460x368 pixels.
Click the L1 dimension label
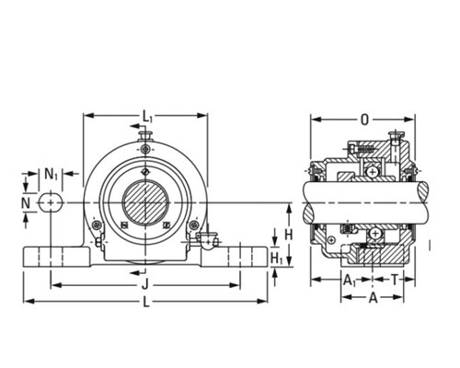pyautogui.click(x=147, y=117)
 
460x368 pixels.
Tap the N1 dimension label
pyautogui.click(x=52, y=174)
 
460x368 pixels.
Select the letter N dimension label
pyautogui.click(x=26, y=203)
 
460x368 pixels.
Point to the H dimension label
pyautogui.click(x=288, y=235)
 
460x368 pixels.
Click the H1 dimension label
pyautogui.click(x=277, y=259)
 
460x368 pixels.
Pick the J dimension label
pyautogui.click(x=145, y=285)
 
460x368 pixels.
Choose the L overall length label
pyautogui.click(x=146, y=302)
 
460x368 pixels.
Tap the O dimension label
pyautogui.click(x=364, y=120)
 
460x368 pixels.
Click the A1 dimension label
pyautogui.click(x=350, y=280)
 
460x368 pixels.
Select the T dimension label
pyautogui.click(x=395, y=280)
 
